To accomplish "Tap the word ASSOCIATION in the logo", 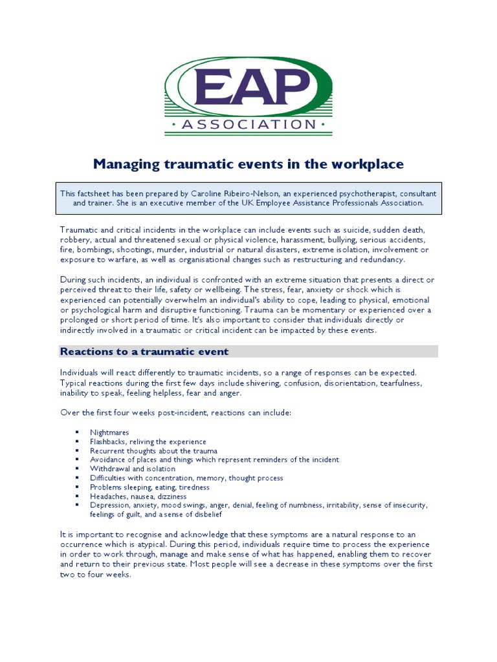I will click(x=248, y=123).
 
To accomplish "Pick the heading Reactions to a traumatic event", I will click(x=144, y=351).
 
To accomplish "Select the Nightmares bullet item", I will click(x=109, y=432).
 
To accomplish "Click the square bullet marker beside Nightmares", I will click(x=76, y=432).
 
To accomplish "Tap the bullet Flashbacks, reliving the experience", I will click(x=148, y=442).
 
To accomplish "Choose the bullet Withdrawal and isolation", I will click(x=133, y=469).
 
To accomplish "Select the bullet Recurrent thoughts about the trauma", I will click(x=154, y=451).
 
